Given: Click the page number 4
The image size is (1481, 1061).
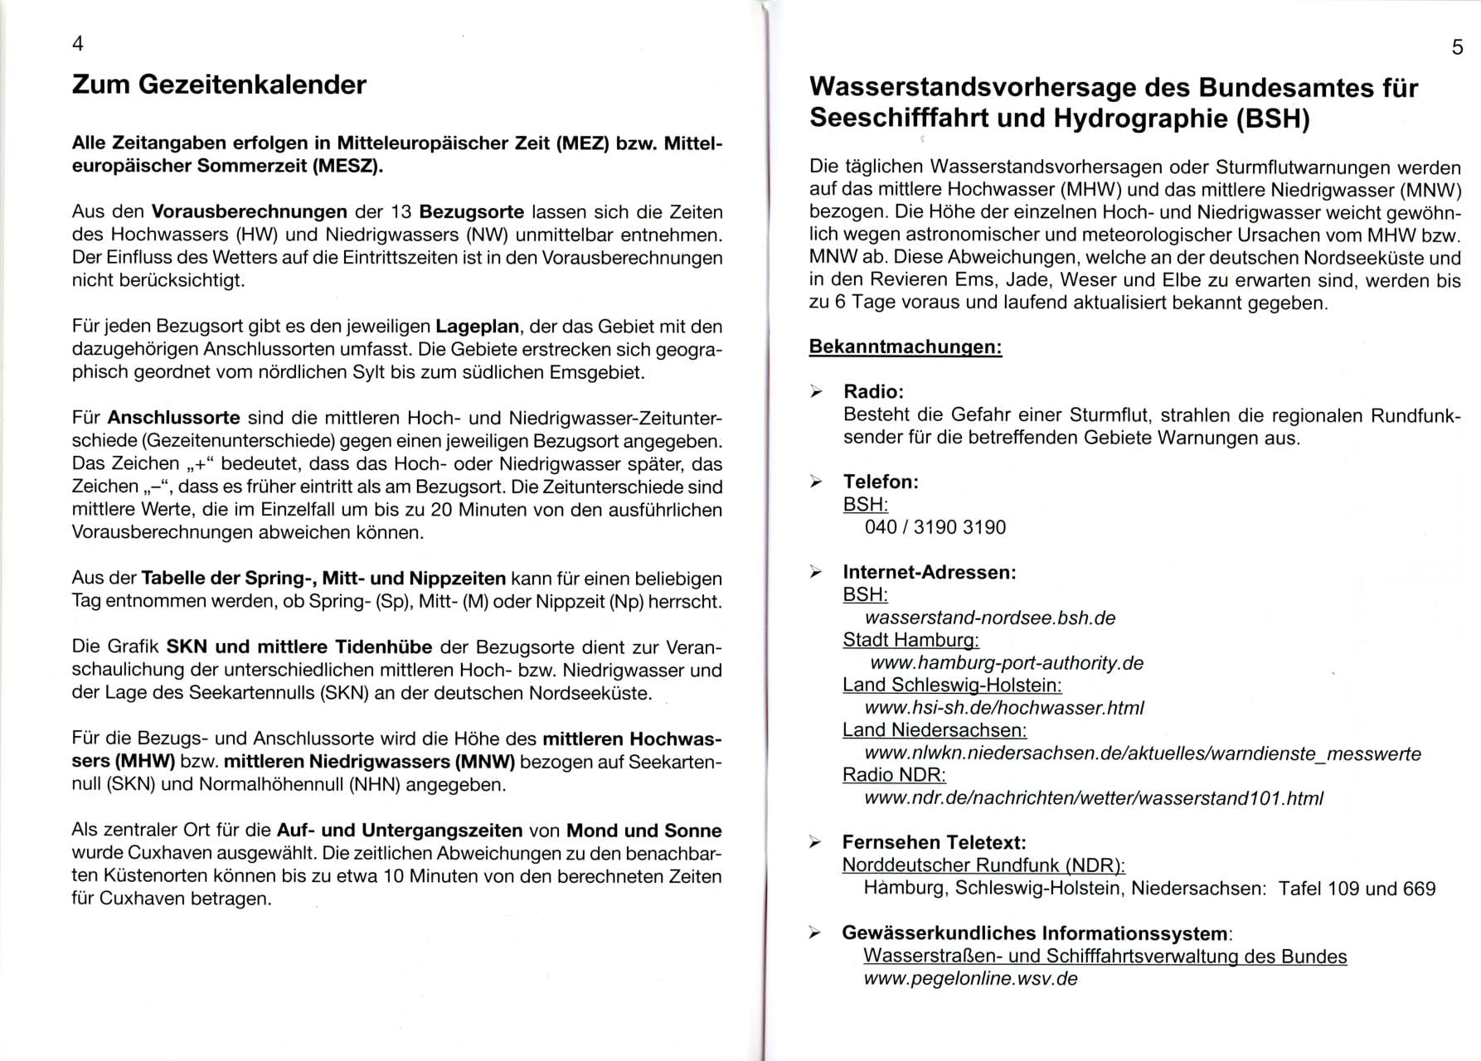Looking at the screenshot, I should tap(78, 44).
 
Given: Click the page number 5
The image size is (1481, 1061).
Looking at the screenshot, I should tap(1457, 47).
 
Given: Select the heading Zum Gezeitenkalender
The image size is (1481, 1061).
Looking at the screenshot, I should tap(219, 85).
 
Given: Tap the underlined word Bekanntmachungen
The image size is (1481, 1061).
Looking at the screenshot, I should tap(905, 346).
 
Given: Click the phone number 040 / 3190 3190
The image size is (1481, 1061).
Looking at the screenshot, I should tap(935, 527).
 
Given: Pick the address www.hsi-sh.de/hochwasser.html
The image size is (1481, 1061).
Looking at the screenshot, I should tap(1003, 708).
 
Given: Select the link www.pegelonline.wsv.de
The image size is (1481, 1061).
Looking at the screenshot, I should tap(970, 979).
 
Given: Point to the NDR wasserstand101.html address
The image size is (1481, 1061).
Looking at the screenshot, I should tap(1093, 798).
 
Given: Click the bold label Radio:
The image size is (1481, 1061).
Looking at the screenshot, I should tap(873, 391).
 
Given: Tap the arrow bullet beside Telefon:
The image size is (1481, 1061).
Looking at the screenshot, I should tap(817, 482).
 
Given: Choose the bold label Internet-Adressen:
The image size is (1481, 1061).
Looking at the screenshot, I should tap(929, 572).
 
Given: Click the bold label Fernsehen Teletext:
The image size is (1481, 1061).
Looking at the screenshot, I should tap(934, 843).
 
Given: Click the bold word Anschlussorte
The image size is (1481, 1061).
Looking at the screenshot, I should tap(173, 418).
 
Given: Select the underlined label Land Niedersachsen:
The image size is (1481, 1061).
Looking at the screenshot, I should tap(934, 730).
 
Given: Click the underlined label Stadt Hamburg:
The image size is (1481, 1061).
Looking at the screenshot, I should tap(910, 640).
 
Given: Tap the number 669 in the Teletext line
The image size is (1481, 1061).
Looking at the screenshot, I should tap(1417, 889).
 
